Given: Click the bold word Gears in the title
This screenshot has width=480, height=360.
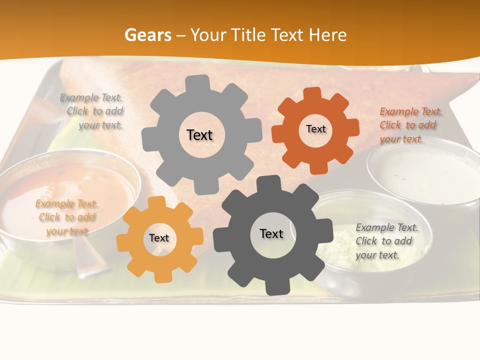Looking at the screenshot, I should [x=147, y=35].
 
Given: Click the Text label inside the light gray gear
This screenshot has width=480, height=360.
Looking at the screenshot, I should [x=199, y=135].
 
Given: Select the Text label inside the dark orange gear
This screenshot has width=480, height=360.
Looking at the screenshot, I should [x=315, y=129].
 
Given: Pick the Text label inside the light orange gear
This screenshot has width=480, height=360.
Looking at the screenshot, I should [x=159, y=238].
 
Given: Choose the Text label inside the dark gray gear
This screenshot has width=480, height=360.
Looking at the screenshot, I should [x=271, y=233].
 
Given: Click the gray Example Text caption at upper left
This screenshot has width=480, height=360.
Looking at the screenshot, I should [x=93, y=111].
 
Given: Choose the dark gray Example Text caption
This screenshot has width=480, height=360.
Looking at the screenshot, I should [x=386, y=241].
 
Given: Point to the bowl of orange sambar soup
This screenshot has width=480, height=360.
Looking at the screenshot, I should [x=65, y=190].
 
